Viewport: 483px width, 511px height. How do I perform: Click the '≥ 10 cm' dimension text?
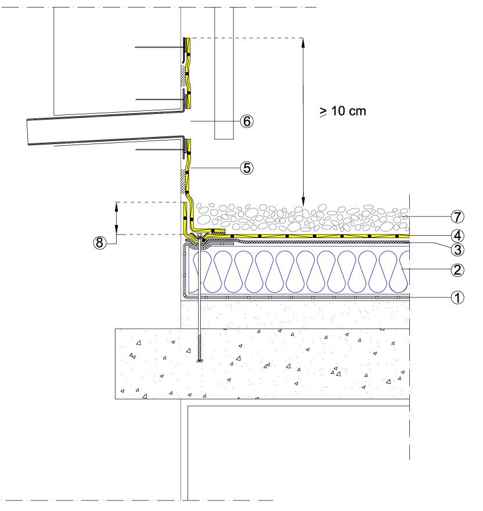[x=343, y=111]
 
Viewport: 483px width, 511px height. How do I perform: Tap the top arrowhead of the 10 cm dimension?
[x=303, y=41]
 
